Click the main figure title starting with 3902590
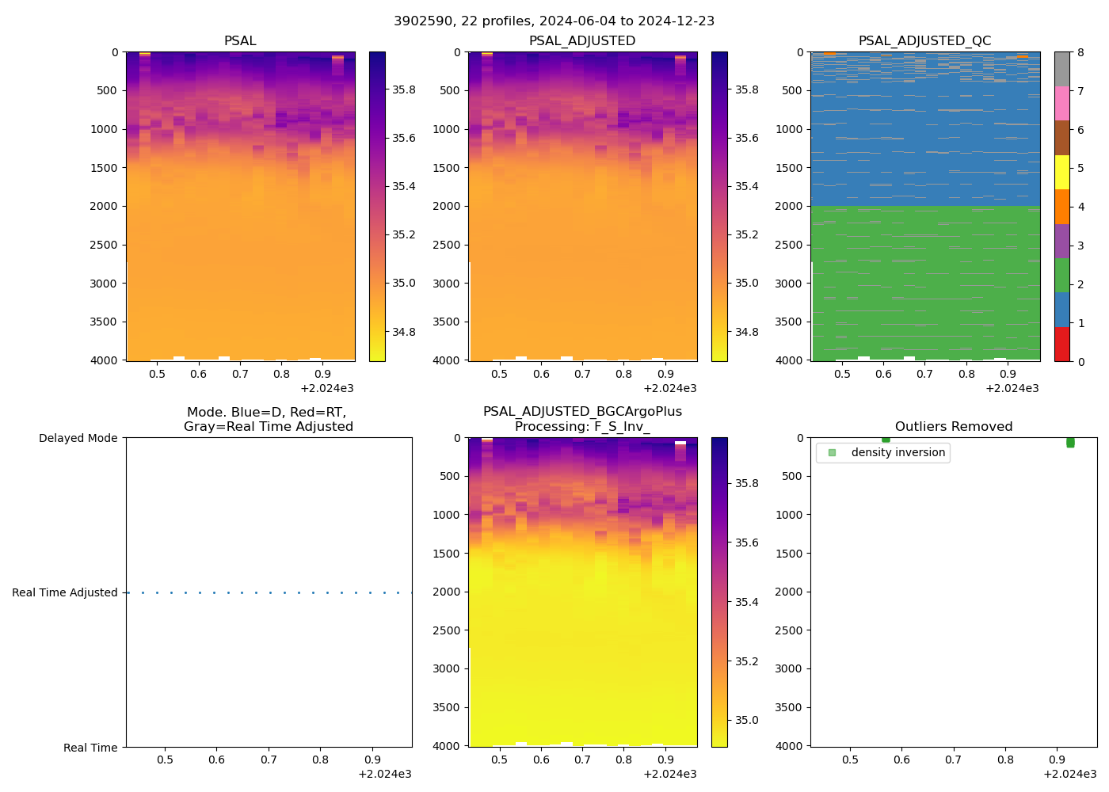click(x=554, y=21)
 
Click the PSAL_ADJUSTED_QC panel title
click(x=924, y=41)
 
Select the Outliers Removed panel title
click(x=953, y=427)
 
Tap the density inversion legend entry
click(x=897, y=453)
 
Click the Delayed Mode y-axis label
click(x=78, y=439)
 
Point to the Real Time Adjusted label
click(x=64, y=592)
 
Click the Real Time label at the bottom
click(x=90, y=748)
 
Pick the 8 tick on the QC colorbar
click(x=1080, y=52)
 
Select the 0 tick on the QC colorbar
click(x=1080, y=361)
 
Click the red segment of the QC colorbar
click(x=1061, y=345)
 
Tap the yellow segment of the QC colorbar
click(x=1061, y=172)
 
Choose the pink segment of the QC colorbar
click(x=1061, y=103)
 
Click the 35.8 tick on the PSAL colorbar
click(x=404, y=89)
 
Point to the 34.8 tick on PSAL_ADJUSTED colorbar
click(x=746, y=332)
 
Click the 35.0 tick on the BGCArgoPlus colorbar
click(x=746, y=720)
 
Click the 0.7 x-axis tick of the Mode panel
click(x=269, y=760)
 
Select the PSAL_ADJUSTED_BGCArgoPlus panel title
click(x=582, y=419)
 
